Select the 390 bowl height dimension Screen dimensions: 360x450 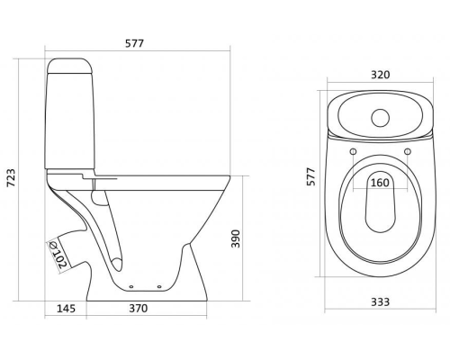236,238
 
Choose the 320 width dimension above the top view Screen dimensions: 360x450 379,76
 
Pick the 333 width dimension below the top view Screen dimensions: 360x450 379,301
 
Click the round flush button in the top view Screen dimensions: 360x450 379,116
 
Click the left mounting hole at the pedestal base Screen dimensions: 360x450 133,287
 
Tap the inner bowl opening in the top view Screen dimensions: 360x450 379,202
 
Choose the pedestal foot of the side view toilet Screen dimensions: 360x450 148,279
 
